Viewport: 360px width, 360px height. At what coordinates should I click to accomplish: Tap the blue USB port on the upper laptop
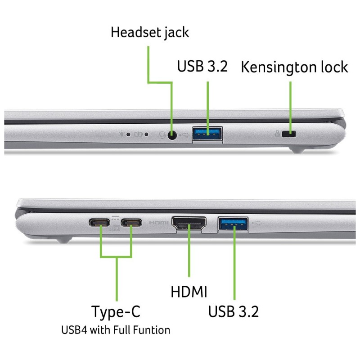click(207, 134)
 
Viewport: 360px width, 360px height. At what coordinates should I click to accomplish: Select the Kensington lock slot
click(291, 134)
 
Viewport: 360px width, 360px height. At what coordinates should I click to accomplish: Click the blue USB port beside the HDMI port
click(233, 224)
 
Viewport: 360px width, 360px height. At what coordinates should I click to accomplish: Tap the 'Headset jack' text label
click(150, 32)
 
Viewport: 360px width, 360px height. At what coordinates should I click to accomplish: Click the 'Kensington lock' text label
click(294, 67)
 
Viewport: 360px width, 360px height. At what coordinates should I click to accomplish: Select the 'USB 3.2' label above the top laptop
click(202, 67)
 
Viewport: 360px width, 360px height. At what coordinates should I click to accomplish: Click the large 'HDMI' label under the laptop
click(189, 292)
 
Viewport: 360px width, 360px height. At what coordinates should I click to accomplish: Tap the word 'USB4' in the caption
click(73, 330)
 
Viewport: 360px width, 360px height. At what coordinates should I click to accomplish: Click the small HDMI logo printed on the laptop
click(158, 223)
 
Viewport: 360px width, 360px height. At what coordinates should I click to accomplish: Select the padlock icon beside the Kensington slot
click(278, 134)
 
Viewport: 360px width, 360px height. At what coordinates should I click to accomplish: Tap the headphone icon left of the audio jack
click(163, 134)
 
